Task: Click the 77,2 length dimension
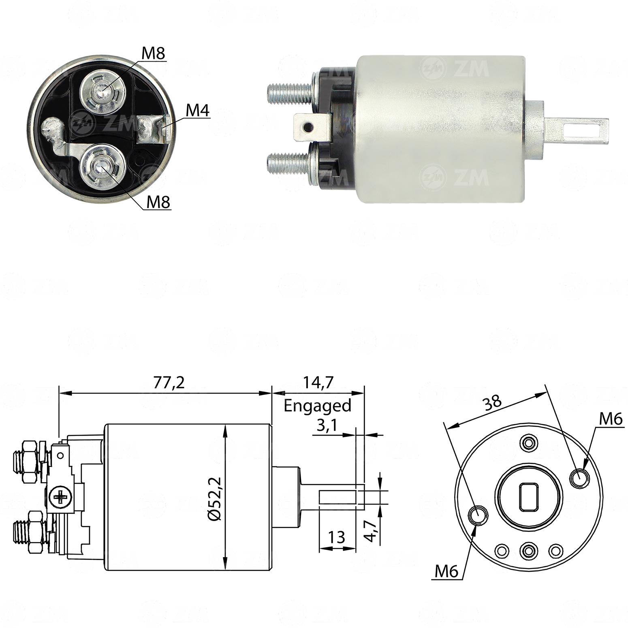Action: click(x=169, y=382)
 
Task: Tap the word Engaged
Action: click(x=317, y=406)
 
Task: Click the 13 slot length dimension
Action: click(x=337, y=537)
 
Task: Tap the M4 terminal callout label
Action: click(x=198, y=110)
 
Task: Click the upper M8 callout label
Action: click(x=153, y=53)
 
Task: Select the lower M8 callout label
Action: click(x=158, y=202)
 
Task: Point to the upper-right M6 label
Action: click(x=611, y=419)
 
